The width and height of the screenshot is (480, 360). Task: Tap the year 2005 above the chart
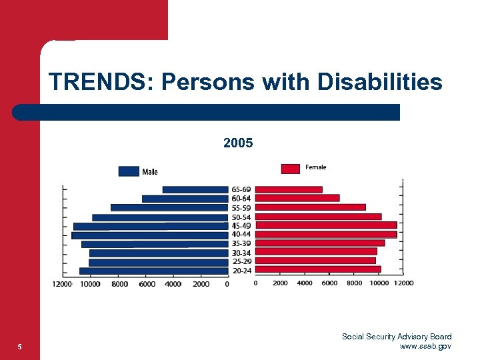tap(238, 143)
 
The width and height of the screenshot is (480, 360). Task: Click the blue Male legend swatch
tap(129, 171)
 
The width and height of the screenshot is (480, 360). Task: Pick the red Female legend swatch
tap(291, 169)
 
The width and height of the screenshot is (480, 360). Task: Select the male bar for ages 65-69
tap(195, 190)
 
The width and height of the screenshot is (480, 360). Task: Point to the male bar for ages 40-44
tap(150, 235)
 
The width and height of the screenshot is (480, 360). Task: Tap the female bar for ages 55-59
tap(311, 207)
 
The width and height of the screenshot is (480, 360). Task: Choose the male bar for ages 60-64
tap(185, 199)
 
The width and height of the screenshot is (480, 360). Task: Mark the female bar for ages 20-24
tap(318, 270)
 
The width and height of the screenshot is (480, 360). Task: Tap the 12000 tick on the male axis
tap(63, 284)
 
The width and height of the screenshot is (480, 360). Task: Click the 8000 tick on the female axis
tap(355, 283)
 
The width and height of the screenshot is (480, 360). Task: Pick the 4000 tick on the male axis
tap(173, 284)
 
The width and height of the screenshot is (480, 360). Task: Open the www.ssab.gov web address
tap(425, 346)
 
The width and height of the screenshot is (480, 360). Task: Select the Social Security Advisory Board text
tap(397, 337)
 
